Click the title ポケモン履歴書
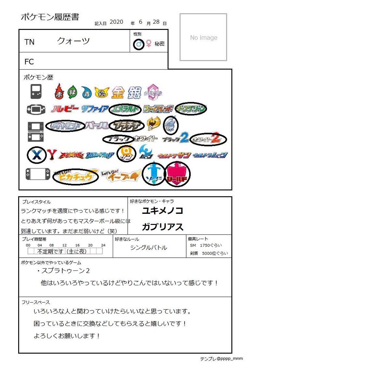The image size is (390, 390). (50, 17)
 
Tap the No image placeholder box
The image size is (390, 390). (203, 37)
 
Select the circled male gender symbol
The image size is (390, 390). (139, 44)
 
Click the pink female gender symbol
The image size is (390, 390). (149, 44)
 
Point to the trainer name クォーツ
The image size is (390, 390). (73, 41)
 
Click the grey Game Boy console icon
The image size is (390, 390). (36, 91)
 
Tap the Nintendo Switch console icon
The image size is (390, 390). (38, 174)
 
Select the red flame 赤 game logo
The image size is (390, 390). (59, 91)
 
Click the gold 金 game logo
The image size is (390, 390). (118, 93)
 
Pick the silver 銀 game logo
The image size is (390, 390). (134, 93)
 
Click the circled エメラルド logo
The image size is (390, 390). (125, 109)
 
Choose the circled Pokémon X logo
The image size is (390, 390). (36, 155)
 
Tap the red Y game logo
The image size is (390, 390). (51, 155)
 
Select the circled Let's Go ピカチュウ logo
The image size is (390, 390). (76, 176)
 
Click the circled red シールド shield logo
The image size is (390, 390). (177, 175)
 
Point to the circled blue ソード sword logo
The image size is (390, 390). (154, 174)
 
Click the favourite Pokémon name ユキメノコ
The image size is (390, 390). (162, 211)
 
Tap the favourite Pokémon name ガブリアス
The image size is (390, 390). (162, 227)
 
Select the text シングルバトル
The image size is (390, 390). (149, 248)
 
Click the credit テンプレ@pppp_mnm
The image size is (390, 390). (221, 359)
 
